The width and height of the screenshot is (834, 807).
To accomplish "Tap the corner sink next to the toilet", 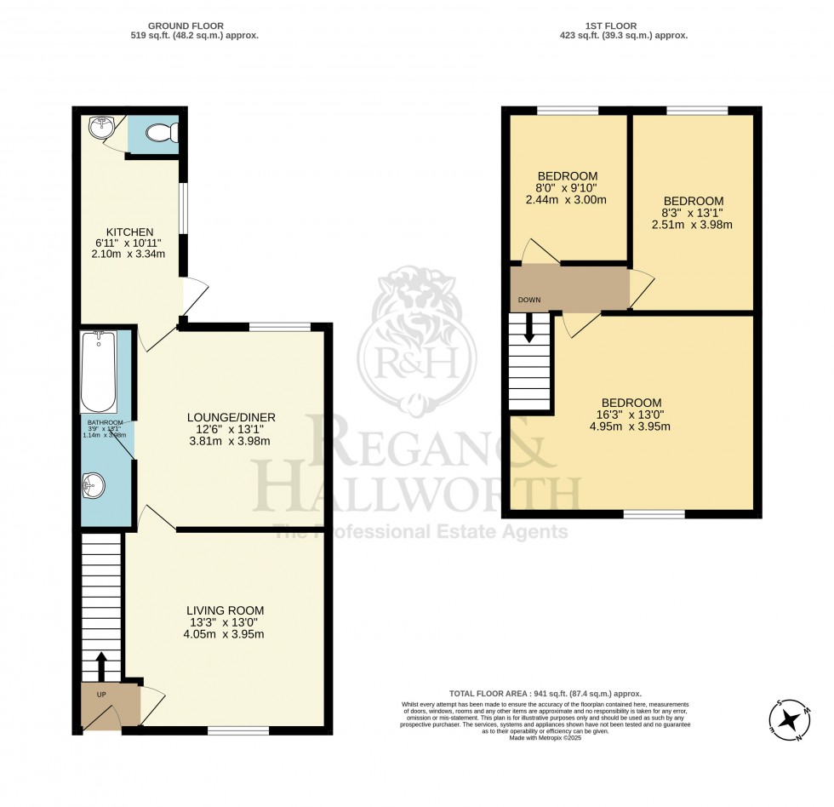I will point(101,129).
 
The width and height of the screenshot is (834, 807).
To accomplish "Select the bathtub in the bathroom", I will point(98,371).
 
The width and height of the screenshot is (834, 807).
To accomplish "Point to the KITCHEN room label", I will point(129,232).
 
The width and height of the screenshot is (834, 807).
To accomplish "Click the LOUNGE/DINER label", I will point(231,417).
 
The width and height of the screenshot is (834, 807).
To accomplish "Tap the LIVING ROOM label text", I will point(226,610).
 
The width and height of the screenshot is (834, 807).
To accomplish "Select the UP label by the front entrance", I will point(100,695).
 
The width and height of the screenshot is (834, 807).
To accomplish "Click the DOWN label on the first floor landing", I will point(529,300).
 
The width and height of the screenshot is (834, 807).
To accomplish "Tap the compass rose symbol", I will point(791,719).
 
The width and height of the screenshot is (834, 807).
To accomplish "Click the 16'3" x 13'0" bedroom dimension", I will point(631,415).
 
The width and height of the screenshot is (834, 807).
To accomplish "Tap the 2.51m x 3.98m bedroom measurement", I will point(694,225).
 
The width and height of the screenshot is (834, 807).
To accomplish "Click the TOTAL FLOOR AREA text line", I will point(546,694).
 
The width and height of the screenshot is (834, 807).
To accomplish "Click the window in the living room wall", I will point(238,730).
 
